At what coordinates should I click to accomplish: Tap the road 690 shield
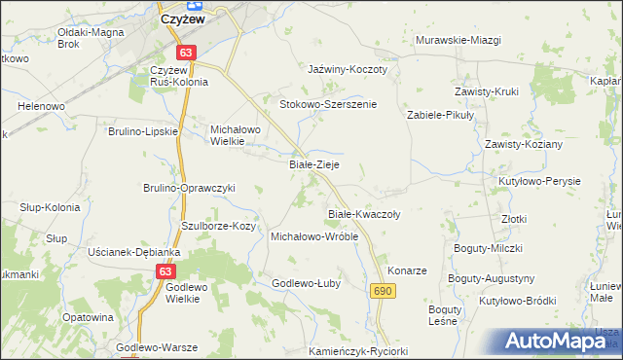pos(383,291)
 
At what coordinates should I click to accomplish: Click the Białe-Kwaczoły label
pos(364,213)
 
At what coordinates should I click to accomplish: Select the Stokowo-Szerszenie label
pos(328,104)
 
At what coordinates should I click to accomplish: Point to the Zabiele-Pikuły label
pos(439,114)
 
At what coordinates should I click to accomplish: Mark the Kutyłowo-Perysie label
pos(539,182)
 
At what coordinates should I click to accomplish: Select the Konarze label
pos(408,270)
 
